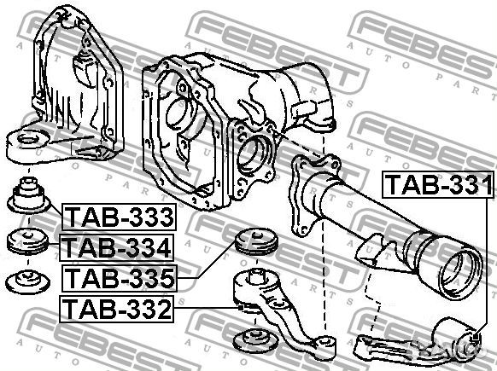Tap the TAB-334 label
point(118,248)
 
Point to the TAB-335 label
point(118,277)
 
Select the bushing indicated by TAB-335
point(252,242)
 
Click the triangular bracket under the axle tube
point(368,252)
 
